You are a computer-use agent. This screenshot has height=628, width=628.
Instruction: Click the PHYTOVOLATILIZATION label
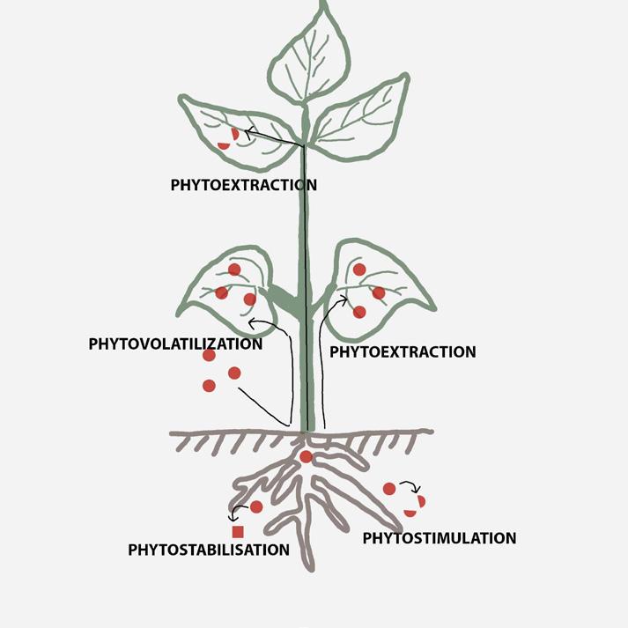pyautogui.click(x=175, y=344)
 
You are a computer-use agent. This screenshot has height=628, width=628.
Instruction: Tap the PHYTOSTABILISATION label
pyautogui.click(x=209, y=550)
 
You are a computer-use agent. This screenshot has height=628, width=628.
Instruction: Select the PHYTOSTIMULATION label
pyautogui.click(x=439, y=537)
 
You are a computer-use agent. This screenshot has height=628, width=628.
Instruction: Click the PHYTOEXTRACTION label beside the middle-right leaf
pyautogui.click(x=402, y=351)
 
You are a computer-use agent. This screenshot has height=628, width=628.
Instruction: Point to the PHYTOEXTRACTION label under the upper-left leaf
pyautogui.click(x=243, y=185)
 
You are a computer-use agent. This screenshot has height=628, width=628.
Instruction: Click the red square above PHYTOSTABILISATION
pyautogui.click(x=237, y=531)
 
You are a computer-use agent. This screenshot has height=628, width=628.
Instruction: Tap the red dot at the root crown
pyautogui.click(x=306, y=456)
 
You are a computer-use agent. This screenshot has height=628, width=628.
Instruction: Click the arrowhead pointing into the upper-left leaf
pyautogui.click(x=248, y=132)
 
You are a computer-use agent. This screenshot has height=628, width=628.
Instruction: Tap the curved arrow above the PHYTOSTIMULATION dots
pyautogui.click(x=411, y=486)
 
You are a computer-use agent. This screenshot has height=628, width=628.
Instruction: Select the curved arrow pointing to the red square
pyautogui.click(x=235, y=514)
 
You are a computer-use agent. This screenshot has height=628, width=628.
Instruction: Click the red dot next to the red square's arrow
pyautogui.click(x=256, y=506)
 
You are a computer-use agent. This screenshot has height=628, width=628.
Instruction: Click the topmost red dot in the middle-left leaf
pyautogui.click(x=234, y=270)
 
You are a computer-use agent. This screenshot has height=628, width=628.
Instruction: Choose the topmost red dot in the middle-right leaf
pyautogui.click(x=359, y=269)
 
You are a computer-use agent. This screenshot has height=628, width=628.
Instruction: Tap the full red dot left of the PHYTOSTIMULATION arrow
pyautogui.click(x=389, y=489)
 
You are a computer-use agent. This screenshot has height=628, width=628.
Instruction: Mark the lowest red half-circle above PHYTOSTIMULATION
pyautogui.click(x=410, y=513)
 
